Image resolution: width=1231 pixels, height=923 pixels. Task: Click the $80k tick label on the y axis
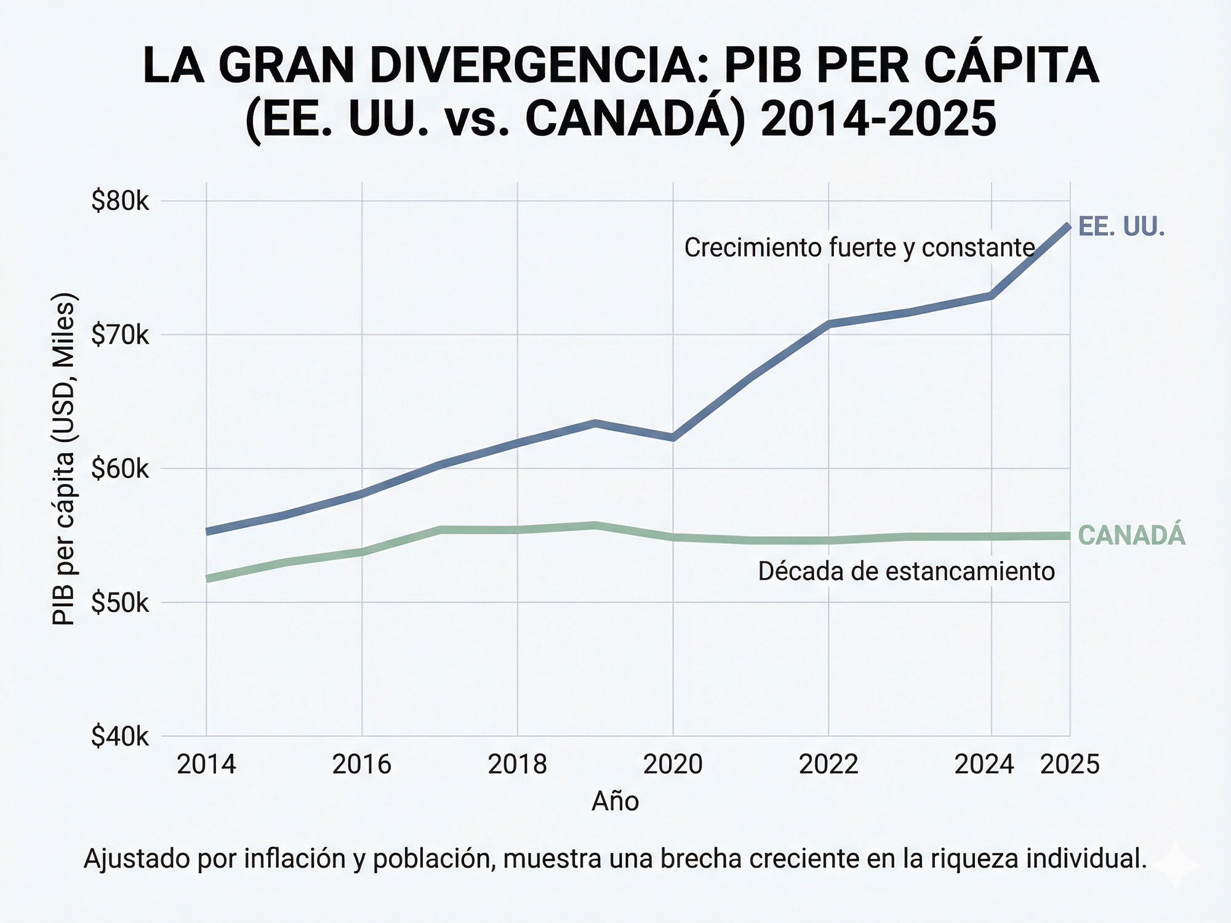pos(120,201)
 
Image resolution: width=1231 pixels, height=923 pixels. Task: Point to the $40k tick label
pos(120,736)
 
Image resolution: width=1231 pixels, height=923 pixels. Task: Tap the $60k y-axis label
pos(120,469)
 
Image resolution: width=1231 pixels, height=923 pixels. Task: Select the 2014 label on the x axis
pos(206,765)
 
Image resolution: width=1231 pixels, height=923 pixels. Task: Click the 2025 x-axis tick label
pos(1069,765)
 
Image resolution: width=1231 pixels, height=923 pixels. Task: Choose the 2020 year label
pos(673,765)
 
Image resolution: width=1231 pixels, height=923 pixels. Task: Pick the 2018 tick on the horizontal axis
pos(517,765)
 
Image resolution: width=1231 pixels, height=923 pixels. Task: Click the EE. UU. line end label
pos(1121,227)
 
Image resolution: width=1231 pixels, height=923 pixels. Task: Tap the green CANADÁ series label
pos(1131,535)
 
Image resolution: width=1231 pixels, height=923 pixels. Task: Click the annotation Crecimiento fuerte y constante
pos(859,248)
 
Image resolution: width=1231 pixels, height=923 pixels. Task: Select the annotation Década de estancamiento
pos(906,571)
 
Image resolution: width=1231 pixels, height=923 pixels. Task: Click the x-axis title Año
pos(615,801)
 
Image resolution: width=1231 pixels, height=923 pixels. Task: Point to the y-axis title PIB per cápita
pos(63,459)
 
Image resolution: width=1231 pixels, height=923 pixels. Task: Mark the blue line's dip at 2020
pos(673,437)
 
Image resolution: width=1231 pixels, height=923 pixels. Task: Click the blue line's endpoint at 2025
pos(1069,227)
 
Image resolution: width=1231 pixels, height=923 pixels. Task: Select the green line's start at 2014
pos(207,579)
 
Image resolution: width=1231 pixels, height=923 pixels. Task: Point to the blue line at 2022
pos(828,323)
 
